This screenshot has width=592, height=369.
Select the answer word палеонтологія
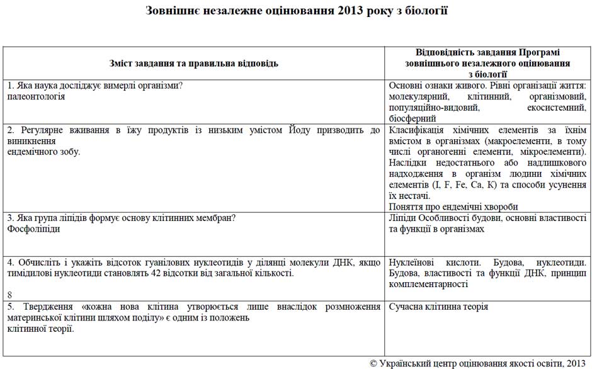point(37,97)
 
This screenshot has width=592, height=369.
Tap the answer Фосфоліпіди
point(34,229)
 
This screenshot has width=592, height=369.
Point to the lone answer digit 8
point(10,295)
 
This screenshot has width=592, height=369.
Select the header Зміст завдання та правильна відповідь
point(194,64)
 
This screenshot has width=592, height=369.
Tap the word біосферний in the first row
point(413,118)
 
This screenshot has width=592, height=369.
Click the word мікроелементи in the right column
point(550,152)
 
